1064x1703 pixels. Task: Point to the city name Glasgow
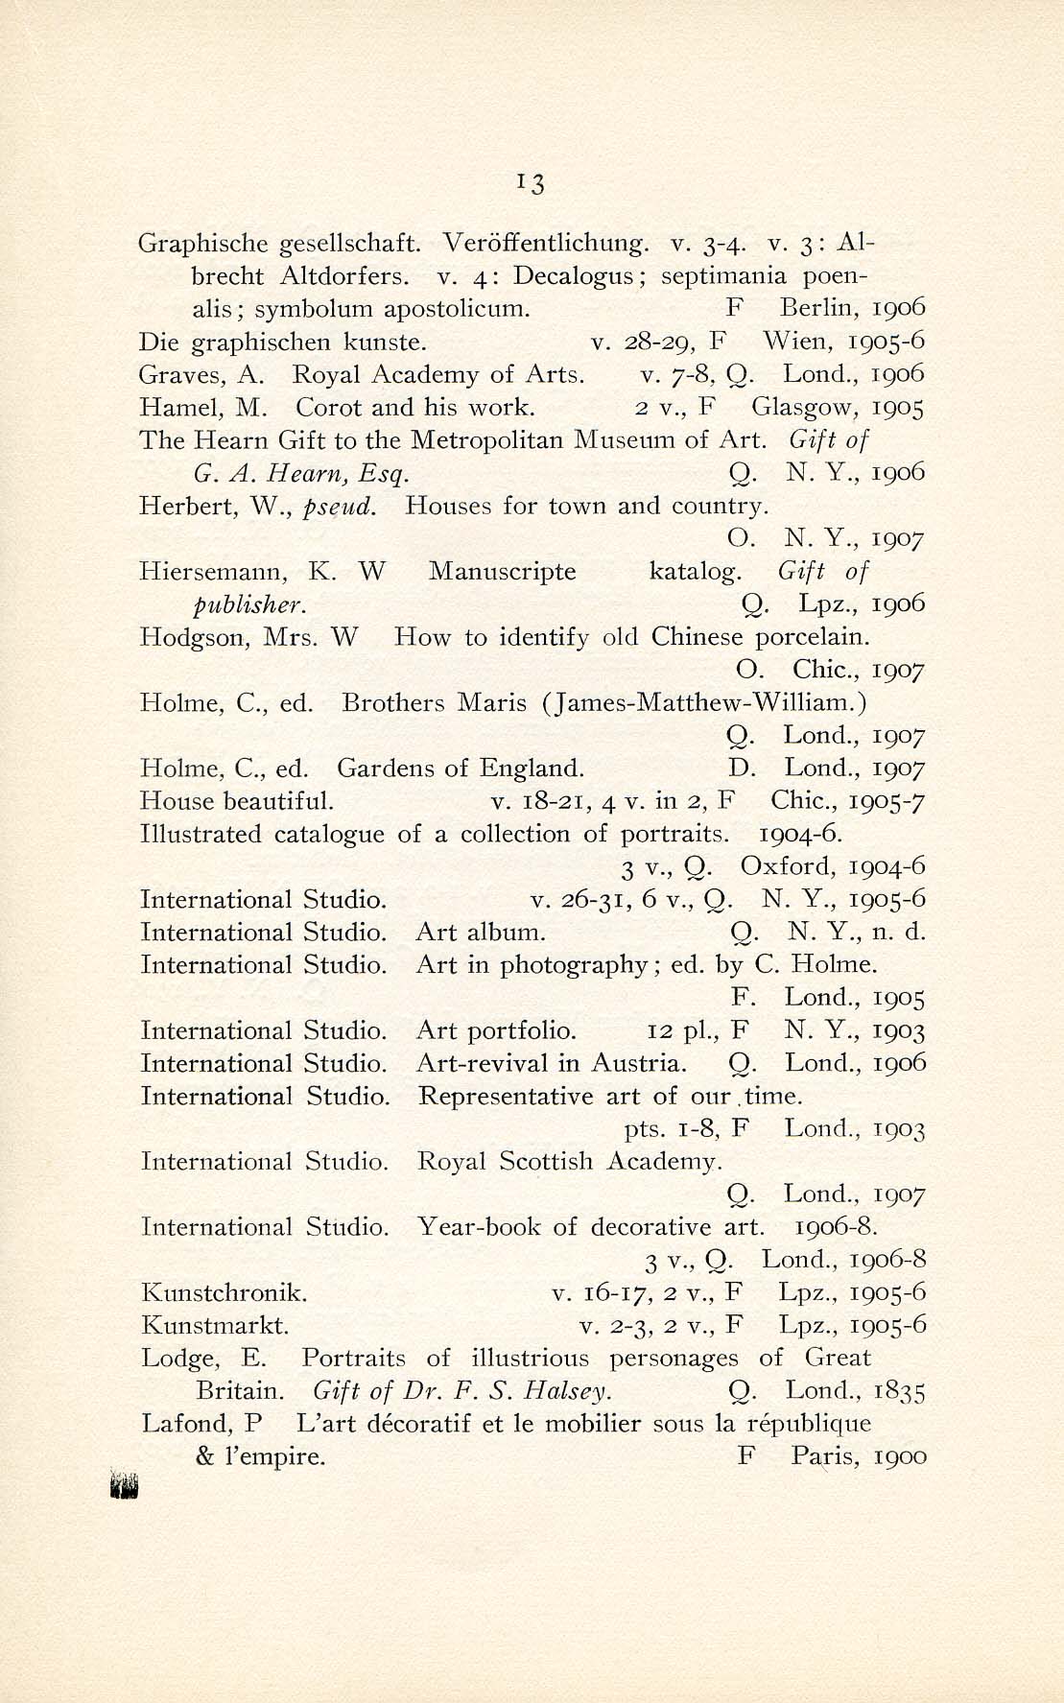[x=803, y=408]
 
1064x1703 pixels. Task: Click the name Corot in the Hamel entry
[x=329, y=408]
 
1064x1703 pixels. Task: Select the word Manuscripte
[x=502, y=572]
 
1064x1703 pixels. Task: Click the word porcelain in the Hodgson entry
[x=813, y=637]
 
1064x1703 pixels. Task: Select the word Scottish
[x=547, y=1162]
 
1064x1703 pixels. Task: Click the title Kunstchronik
[x=224, y=1293]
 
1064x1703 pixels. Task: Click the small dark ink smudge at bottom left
[x=126, y=1485]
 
